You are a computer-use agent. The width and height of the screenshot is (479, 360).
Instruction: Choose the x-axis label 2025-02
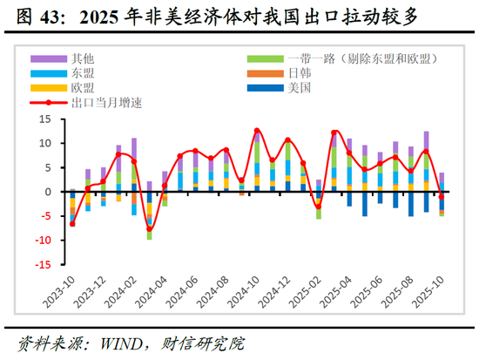point(307,292)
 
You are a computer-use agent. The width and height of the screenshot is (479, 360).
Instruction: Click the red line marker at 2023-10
point(72,224)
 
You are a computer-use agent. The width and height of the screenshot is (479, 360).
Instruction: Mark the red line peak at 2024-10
point(257,131)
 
